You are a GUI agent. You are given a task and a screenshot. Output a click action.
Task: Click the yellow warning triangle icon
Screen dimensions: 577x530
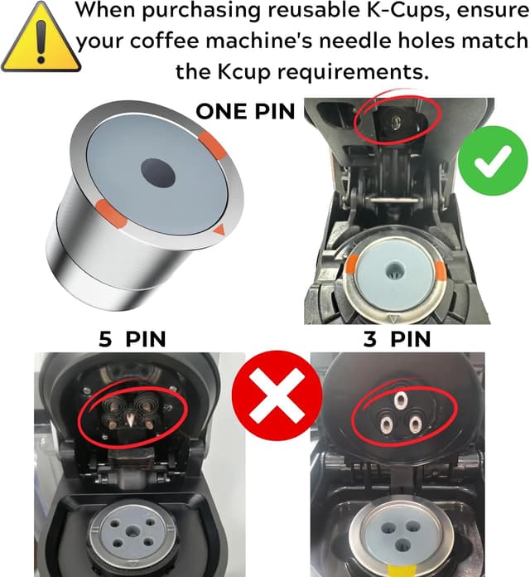click(x=36, y=40)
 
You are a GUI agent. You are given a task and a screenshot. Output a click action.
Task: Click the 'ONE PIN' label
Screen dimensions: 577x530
click(x=244, y=111)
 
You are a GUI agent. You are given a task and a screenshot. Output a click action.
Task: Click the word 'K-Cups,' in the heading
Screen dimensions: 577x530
click(x=403, y=12)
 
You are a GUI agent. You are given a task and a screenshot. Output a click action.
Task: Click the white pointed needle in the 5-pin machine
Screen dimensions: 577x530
click(x=129, y=421)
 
